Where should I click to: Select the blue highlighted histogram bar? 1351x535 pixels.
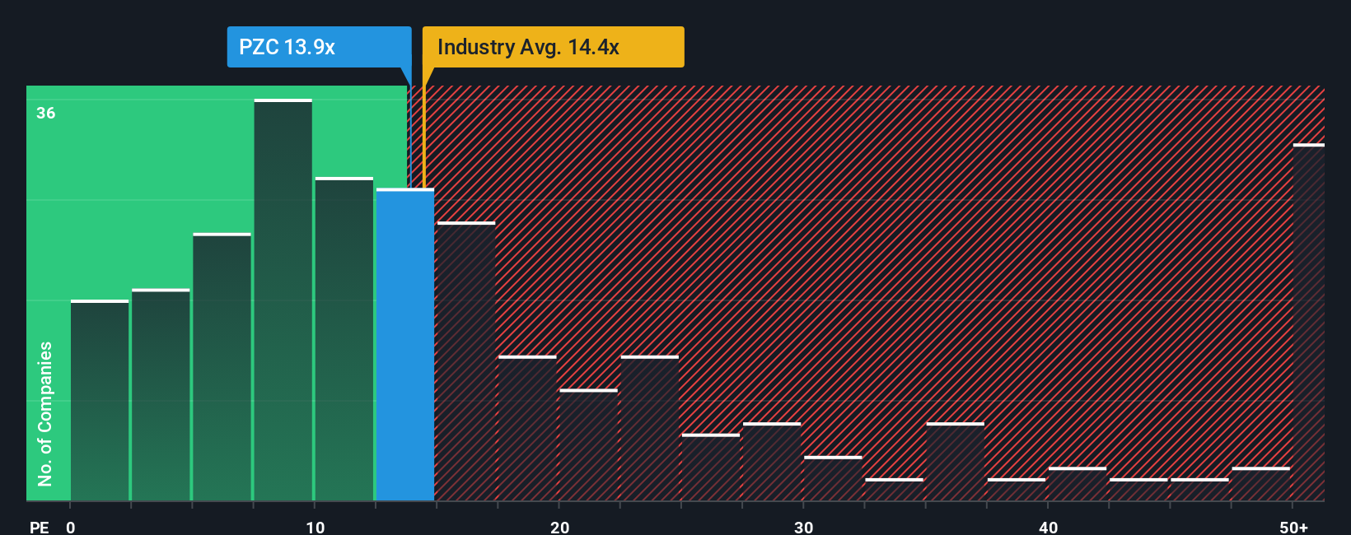coord(405,346)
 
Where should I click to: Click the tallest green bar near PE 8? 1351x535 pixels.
coord(283,300)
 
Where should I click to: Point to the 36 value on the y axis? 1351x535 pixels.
coord(46,113)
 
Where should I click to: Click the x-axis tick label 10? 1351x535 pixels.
coord(315,527)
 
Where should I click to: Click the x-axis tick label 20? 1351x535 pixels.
coord(559,527)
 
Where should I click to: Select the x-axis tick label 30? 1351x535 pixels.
coord(803,527)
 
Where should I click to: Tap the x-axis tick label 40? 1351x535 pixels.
coord(1048,527)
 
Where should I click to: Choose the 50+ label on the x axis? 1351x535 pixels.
coord(1293,527)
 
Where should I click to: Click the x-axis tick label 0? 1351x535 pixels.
coord(71,527)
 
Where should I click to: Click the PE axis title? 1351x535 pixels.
coord(39,527)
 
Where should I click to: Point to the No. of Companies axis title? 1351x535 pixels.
coord(45,413)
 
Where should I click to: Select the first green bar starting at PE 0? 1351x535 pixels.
coord(100,401)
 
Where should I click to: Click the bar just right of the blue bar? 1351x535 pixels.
coord(465,362)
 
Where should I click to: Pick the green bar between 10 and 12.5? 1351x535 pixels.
coord(344,339)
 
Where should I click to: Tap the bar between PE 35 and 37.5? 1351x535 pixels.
coord(955,463)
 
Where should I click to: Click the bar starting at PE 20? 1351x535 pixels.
coord(588,445)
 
